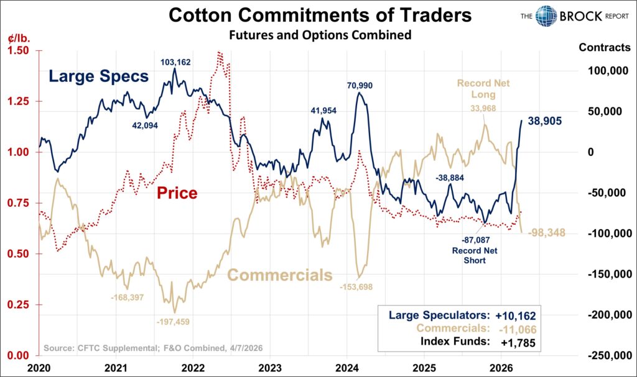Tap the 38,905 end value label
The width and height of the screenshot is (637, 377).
(546, 122)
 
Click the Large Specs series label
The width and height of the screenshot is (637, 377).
(98, 77)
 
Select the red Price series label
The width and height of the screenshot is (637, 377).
(177, 193)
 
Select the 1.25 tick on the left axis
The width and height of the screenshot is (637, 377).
(20, 101)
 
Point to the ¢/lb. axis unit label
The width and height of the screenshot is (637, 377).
(19, 38)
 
